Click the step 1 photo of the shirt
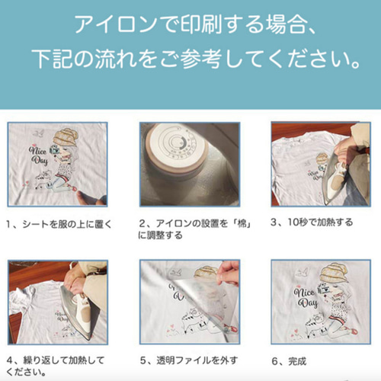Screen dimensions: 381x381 57,164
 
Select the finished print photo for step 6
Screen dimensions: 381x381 321,302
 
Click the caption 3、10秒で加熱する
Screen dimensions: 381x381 312,223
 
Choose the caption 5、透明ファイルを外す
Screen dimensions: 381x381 188,360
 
